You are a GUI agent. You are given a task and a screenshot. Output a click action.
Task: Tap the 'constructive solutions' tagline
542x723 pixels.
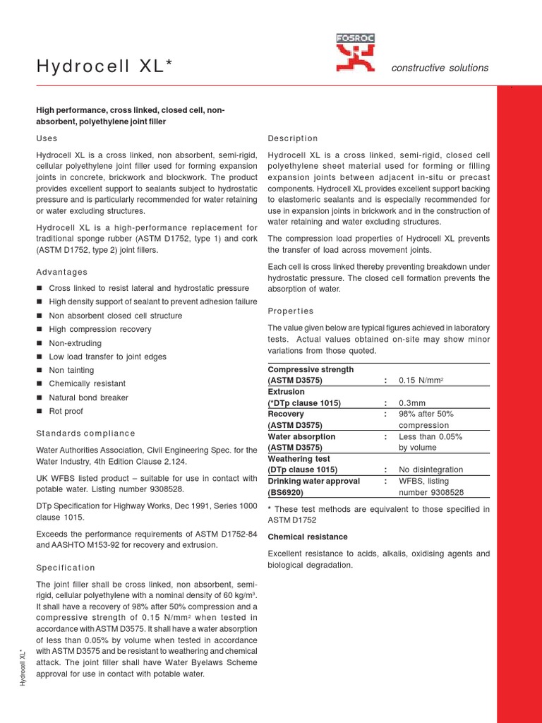coord(439,68)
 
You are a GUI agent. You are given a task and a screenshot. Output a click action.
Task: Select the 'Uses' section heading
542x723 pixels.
coord(47,138)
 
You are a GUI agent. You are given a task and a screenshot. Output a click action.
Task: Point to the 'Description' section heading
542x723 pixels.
coord(293,138)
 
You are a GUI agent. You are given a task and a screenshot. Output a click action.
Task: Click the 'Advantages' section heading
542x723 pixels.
coord(62,272)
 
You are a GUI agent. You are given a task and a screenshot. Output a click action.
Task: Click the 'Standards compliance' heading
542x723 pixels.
coord(85,433)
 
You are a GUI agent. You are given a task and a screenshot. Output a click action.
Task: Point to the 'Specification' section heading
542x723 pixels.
coord(65,568)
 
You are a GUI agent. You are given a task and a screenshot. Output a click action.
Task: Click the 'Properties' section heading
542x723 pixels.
coord(291,311)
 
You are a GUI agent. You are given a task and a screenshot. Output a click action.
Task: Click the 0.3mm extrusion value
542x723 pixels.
coord(414,403)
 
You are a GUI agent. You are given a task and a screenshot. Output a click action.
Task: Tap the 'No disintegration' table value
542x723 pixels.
coord(430,470)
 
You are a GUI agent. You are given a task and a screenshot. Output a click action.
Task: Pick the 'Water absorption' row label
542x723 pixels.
coord(301,436)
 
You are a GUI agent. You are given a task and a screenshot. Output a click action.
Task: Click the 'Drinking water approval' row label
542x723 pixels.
coord(313,481)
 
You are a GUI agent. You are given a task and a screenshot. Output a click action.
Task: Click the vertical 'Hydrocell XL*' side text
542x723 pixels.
coord(23,667)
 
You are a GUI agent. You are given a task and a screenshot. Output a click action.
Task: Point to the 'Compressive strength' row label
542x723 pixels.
coord(311,369)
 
